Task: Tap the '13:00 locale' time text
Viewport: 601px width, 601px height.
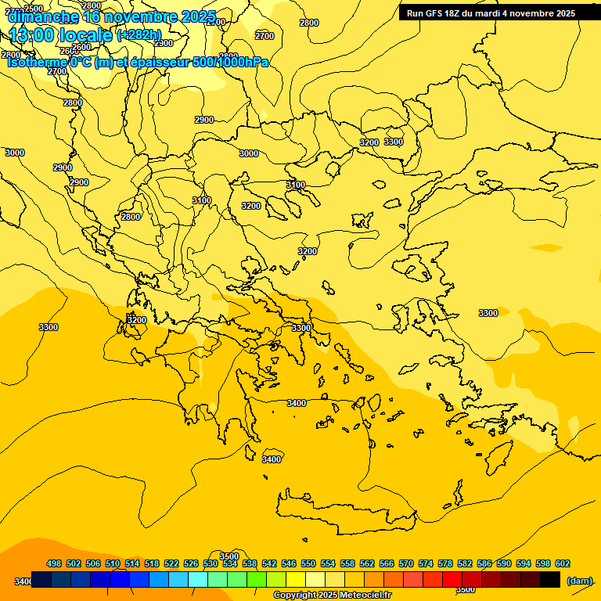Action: (61, 34)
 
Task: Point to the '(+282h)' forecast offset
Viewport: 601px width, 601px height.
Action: (139, 35)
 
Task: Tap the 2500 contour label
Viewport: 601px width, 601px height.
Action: (34, 9)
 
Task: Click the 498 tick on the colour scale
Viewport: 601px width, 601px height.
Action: (54, 563)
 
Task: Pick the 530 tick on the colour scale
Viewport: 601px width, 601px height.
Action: (211, 563)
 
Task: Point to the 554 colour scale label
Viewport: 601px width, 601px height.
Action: (328, 563)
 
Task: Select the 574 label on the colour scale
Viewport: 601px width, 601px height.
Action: (426, 563)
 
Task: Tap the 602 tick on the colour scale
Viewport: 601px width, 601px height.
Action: (563, 563)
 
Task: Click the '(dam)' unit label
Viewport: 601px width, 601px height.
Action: (579, 581)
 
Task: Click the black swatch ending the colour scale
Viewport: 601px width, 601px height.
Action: (550, 580)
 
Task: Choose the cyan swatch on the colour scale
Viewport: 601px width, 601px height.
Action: (198, 580)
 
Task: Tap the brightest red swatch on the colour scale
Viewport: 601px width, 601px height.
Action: (452, 580)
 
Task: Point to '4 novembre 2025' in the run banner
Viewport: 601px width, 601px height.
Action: (538, 13)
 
